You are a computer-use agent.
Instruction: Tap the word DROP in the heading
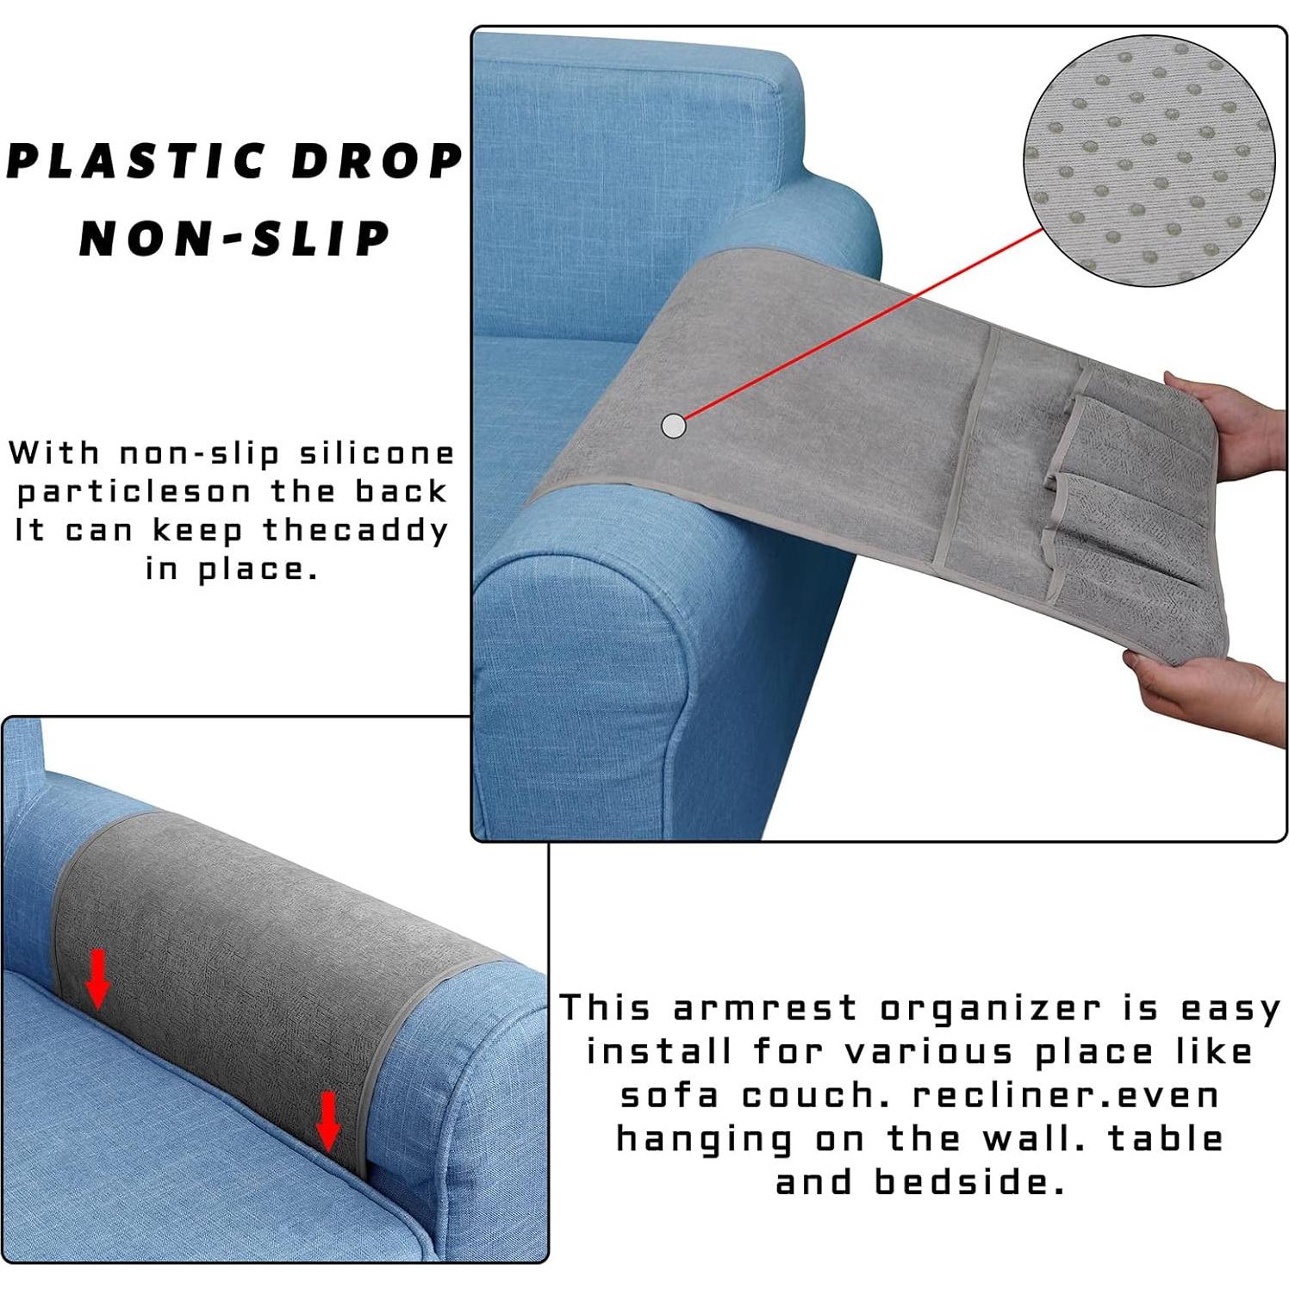coord(377,161)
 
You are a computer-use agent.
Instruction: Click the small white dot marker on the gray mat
coord(673,425)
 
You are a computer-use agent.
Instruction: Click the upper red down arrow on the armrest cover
coord(98,978)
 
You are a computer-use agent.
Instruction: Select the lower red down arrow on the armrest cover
coord(327,1120)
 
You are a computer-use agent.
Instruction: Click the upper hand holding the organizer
coord(1228,422)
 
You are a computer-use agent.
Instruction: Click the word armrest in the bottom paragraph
coord(765,1008)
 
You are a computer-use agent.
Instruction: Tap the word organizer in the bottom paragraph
coord(990,1008)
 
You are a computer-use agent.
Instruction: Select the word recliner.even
coord(1066,1095)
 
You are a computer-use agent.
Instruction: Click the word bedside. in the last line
coord(970,1182)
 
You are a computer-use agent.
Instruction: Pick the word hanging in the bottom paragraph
coord(704,1140)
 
